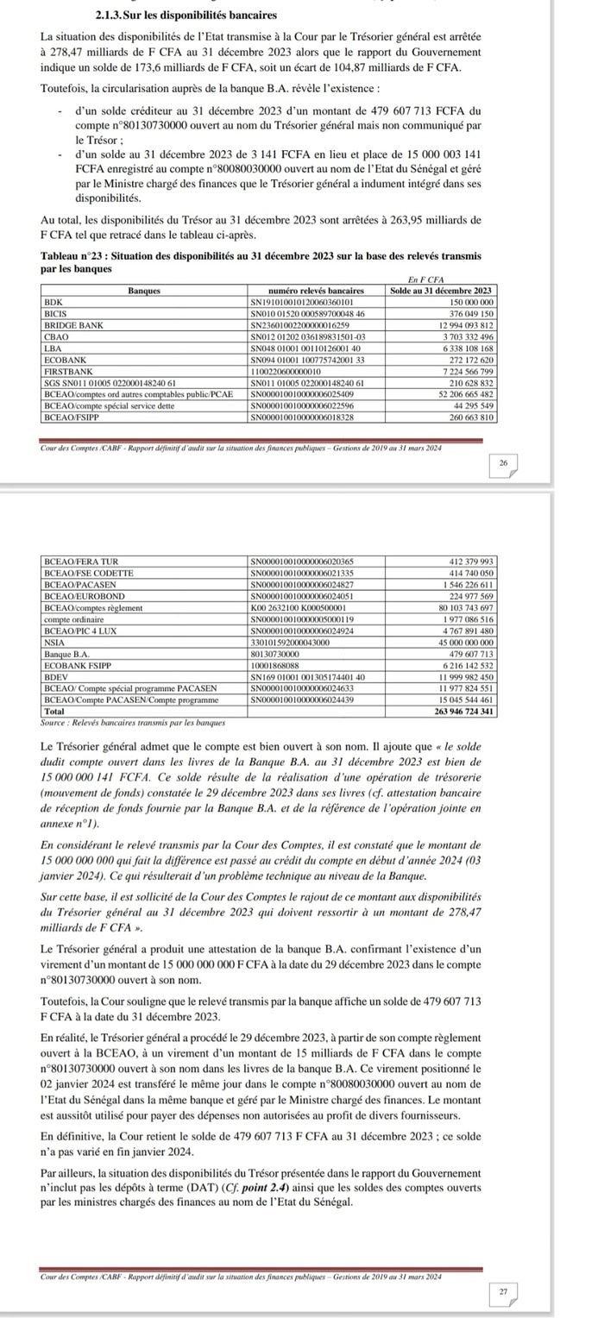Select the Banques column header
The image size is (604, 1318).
click(142, 291)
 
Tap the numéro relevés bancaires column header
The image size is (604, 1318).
click(317, 291)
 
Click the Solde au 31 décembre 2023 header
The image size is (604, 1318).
click(442, 291)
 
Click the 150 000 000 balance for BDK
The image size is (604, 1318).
click(470, 303)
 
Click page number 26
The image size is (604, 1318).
click(503, 463)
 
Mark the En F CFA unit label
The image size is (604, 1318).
click(426, 280)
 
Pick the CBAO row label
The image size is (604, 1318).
click(57, 336)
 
